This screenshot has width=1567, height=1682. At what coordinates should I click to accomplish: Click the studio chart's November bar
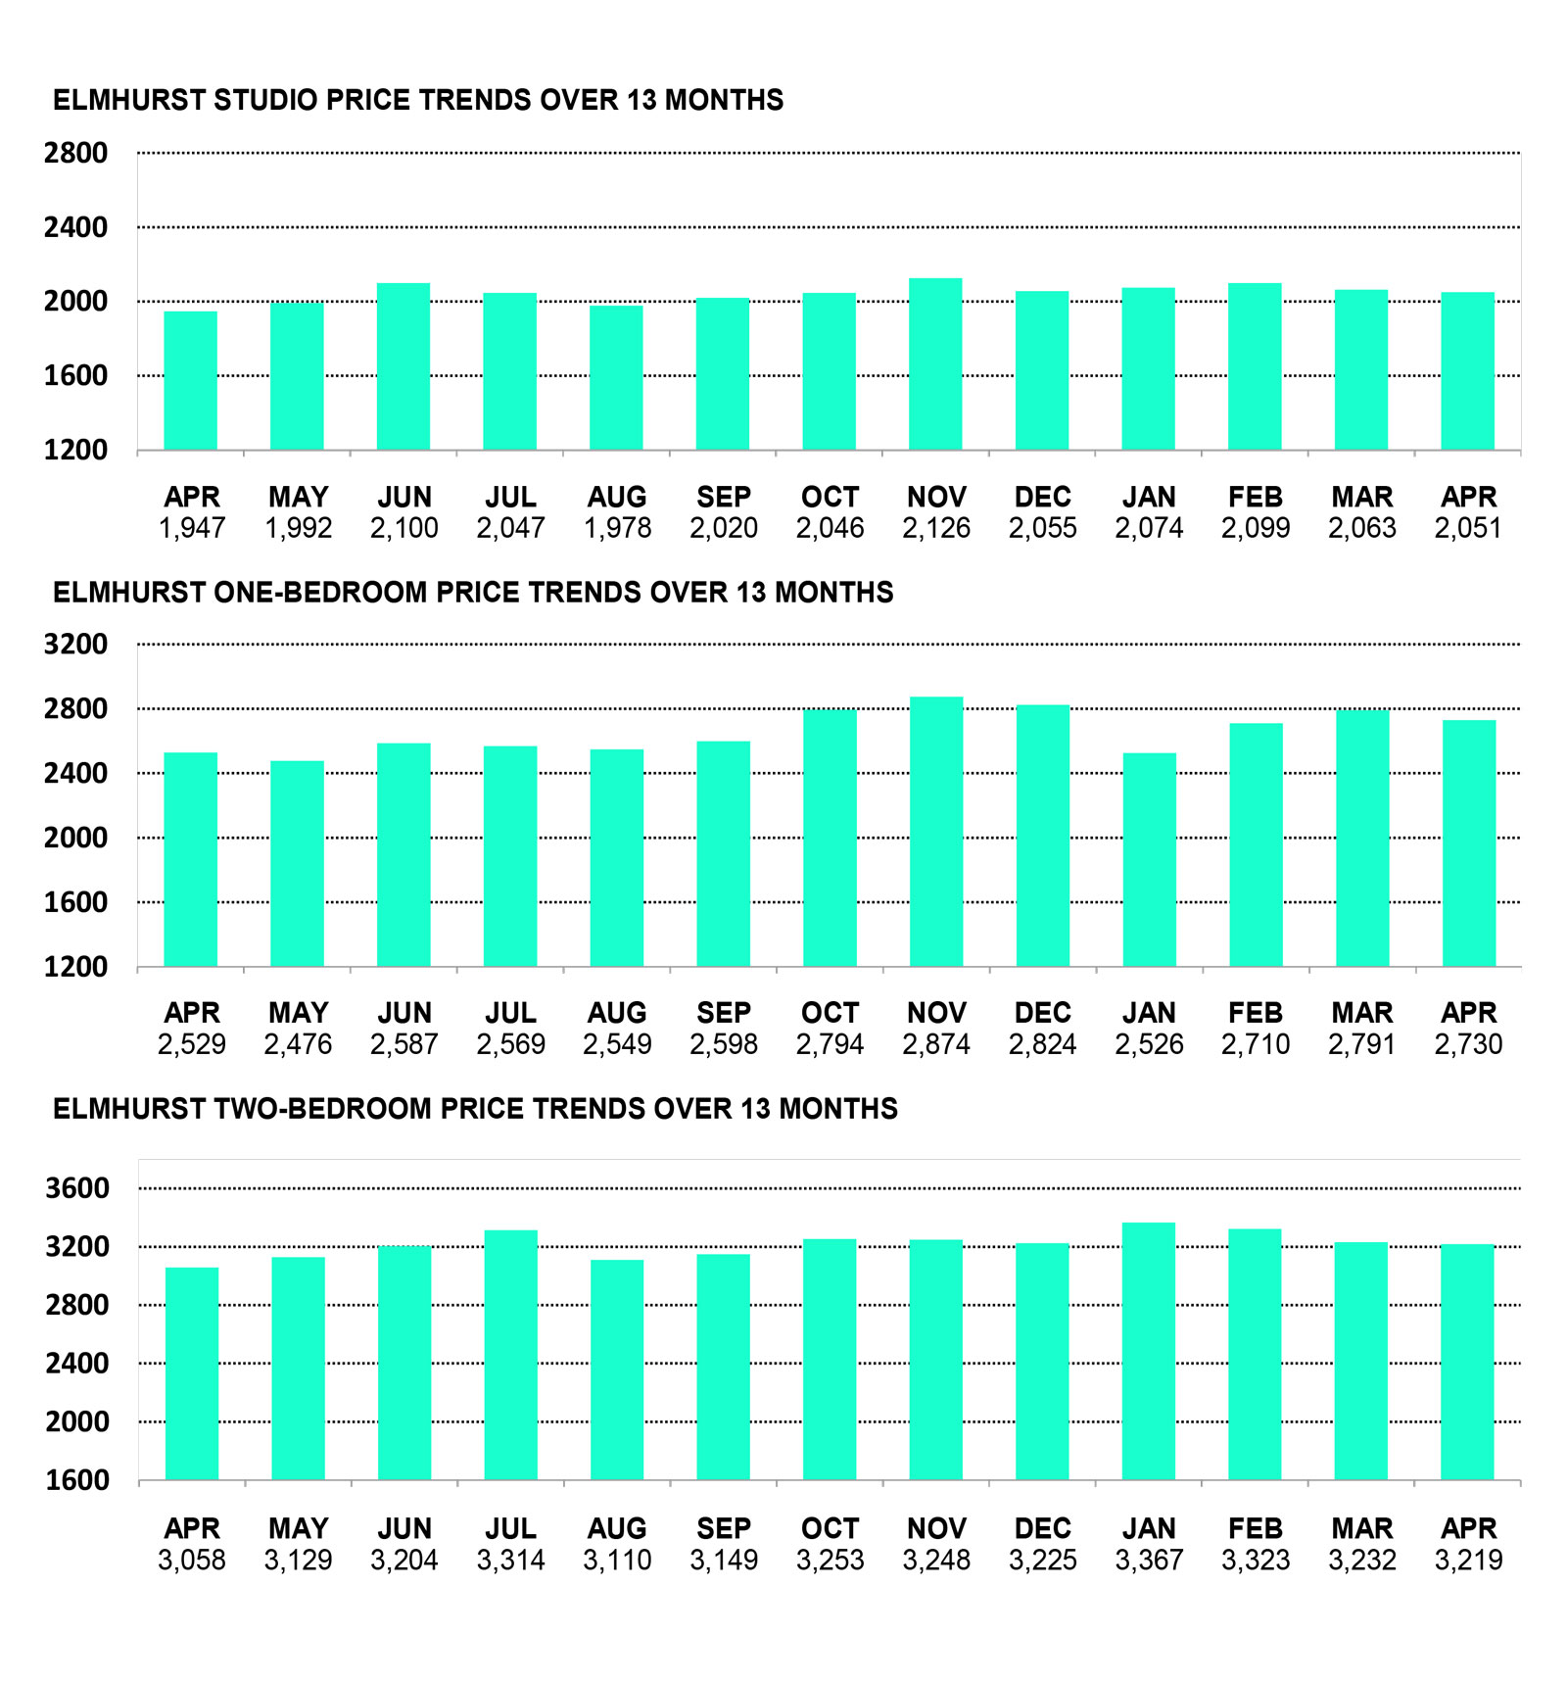pyautogui.click(x=935, y=363)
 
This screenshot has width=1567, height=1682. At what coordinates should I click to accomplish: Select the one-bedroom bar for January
pyautogui.click(x=1150, y=859)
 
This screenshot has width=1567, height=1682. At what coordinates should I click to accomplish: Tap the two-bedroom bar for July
pyautogui.click(x=511, y=1355)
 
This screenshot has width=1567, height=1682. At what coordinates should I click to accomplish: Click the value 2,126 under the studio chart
pyautogui.click(x=936, y=528)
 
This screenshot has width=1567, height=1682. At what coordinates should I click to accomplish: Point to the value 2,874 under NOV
pyautogui.click(x=936, y=1044)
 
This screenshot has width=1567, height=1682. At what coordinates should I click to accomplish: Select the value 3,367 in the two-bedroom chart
pyautogui.click(x=1149, y=1560)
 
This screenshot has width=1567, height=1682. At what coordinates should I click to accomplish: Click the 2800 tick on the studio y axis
pyautogui.click(x=75, y=153)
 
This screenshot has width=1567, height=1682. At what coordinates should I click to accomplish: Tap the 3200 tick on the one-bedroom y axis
pyautogui.click(x=75, y=645)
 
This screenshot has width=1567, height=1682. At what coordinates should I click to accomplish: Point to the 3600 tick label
pyautogui.click(x=77, y=1188)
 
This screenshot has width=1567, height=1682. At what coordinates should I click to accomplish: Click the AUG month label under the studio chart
pyautogui.click(x=617, y=497)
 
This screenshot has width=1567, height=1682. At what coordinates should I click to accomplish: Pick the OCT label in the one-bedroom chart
pyautogui.click(x=830, y=1013)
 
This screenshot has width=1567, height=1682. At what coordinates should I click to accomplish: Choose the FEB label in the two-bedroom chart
pyautogui.click(x=1256, y=1529)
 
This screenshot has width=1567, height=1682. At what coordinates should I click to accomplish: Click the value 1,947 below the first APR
pyautogui.click(x=192, y=528)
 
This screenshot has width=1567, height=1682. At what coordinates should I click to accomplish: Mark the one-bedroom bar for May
pyautogui.click(x=298, y=864)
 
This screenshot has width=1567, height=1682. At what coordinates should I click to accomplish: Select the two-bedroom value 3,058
pyautogui.click(x=192, y=1560)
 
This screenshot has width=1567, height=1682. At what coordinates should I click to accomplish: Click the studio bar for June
pyautogui.click(x=404, y=366)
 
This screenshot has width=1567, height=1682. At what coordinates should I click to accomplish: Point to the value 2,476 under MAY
pyautogui.click(x=298, y=1044)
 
